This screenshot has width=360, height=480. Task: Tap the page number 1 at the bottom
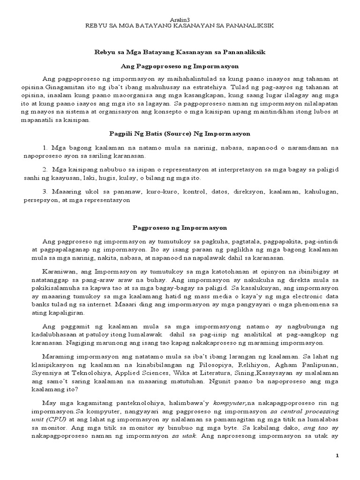click(349, 455)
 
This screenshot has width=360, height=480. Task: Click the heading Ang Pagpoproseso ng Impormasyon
click(180, 67)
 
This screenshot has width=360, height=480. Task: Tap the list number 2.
click(45, 169)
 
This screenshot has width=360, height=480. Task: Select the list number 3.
click(45, 192)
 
